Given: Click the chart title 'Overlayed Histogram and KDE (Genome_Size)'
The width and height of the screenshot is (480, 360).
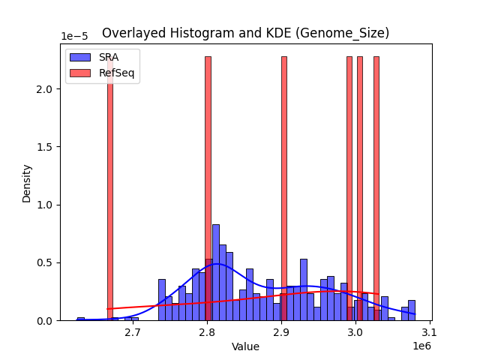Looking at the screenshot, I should coord(245,33).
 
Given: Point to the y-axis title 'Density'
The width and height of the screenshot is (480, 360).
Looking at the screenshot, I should coord(27,182).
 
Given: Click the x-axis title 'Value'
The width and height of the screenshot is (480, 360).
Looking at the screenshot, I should coord(245,347).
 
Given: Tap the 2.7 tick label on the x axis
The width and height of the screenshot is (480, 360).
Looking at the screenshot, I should coord(132,331).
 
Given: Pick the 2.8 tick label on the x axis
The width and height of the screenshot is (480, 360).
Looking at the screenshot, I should coord(207,331).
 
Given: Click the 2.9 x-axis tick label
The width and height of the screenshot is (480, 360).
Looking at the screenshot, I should coord(281,331).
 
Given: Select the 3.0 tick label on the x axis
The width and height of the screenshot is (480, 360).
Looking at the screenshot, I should coord(355,331).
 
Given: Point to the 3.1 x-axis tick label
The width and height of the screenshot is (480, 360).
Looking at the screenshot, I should coord(430,331).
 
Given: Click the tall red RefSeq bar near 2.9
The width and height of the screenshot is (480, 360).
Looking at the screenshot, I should coord(284,187).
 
